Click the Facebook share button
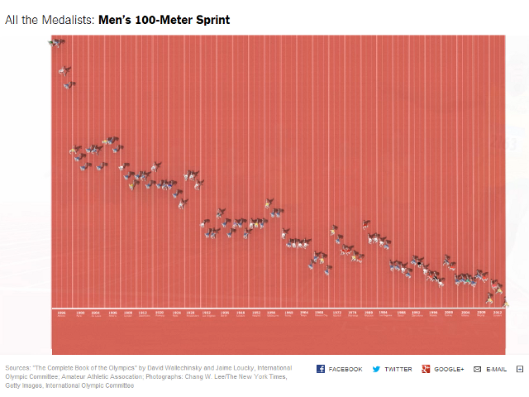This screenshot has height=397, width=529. (339, 369)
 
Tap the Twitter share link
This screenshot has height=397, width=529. (392, 369)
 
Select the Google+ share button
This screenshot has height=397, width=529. (443, 369)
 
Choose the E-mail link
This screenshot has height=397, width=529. (490, 369)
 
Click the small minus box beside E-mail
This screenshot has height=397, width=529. (520, 369)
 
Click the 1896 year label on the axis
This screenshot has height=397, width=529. (61, 313)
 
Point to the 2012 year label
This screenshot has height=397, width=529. (498, 313)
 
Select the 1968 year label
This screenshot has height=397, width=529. (321, 313)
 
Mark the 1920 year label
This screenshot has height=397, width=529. (159, 313)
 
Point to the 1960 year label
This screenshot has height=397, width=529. (288, 313)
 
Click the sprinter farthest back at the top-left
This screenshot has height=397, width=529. (56, 42)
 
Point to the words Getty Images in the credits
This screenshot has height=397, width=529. (24, 385)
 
